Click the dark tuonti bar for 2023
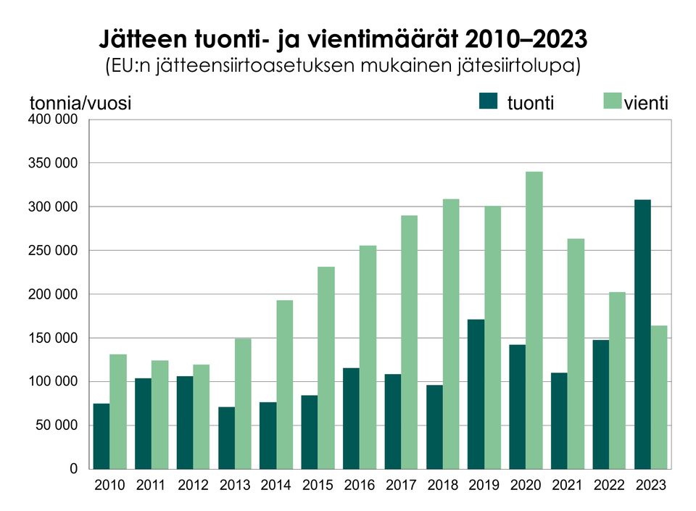point(642,334)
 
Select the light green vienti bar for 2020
point(534,320)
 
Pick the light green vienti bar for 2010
point(118,411)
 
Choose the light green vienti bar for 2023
point(659,397)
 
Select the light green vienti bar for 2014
point(284,384)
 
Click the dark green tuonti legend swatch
point(489,101)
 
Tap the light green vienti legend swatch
point(613,101)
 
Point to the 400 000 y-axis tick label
point(53,120)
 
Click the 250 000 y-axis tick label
point(53,251)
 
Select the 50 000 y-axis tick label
point(57,425)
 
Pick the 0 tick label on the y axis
point(73,469)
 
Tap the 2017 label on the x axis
point(402,486)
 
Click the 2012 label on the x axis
point(193,486)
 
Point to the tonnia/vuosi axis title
point(80,104)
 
